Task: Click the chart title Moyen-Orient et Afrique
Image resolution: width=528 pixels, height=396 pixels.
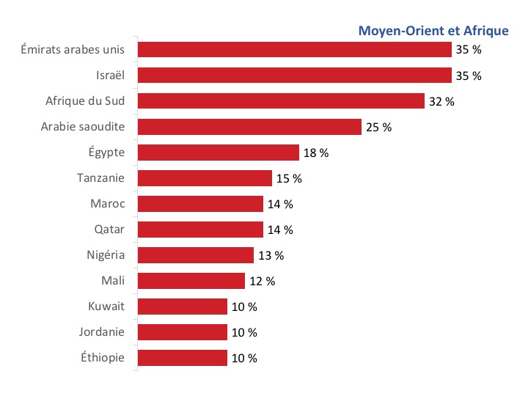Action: (433, 31)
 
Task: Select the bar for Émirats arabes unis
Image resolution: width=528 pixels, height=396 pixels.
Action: (294, 49)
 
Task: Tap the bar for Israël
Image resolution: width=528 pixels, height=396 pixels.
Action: (294, 75)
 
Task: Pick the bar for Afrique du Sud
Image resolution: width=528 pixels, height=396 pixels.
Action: (281, 101)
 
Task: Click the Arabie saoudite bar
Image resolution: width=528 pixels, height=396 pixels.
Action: (249, 127)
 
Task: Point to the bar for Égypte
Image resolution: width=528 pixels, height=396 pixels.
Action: (218, 153)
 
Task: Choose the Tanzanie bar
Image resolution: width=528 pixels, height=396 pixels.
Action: (205, 178)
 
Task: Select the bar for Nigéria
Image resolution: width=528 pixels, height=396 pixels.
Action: (196, 255)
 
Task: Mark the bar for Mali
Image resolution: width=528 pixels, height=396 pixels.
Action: (191, 281)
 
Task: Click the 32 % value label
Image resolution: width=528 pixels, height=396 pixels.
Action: (441, 101)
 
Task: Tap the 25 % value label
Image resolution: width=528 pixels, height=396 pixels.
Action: (378, 127)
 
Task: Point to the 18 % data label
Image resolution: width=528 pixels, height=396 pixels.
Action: (315, 153)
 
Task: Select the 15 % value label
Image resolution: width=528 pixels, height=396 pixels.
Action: (289, 178)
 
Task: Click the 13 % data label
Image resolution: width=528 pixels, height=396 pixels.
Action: (271, 255)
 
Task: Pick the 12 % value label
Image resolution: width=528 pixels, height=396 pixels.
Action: (262, 281)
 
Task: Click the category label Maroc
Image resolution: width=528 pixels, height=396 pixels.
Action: (108, 204)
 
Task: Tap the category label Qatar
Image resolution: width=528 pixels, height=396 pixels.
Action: (109, 230)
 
